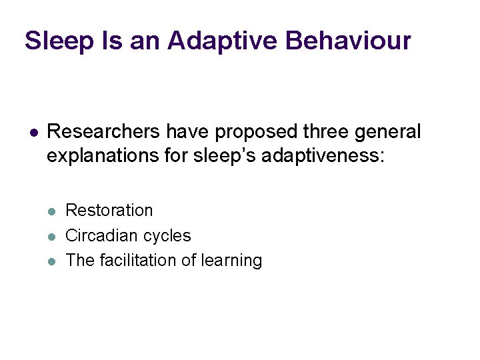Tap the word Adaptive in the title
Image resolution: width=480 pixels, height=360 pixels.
[x=222, y=41]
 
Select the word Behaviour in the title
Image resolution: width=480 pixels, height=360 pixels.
[x=348, y=41]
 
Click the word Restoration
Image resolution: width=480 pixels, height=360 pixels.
[x=109, y=211]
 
